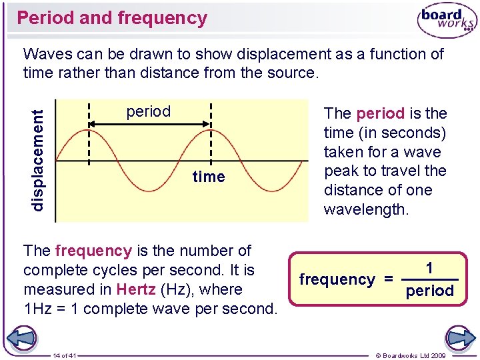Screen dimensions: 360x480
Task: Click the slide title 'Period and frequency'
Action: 112,18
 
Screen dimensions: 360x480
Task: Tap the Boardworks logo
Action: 446,21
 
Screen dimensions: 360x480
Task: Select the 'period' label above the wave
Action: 149,111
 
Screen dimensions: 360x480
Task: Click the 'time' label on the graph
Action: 209,177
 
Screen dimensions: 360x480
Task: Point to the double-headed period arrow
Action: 150,124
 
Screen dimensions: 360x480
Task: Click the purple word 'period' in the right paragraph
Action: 380,113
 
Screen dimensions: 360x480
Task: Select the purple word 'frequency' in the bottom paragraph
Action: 93,251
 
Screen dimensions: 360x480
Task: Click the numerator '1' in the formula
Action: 430,268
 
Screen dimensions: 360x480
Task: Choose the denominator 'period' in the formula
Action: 429,291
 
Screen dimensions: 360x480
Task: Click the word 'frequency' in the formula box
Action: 337,279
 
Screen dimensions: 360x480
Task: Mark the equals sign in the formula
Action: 388,279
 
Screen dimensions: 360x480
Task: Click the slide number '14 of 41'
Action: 65,355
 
